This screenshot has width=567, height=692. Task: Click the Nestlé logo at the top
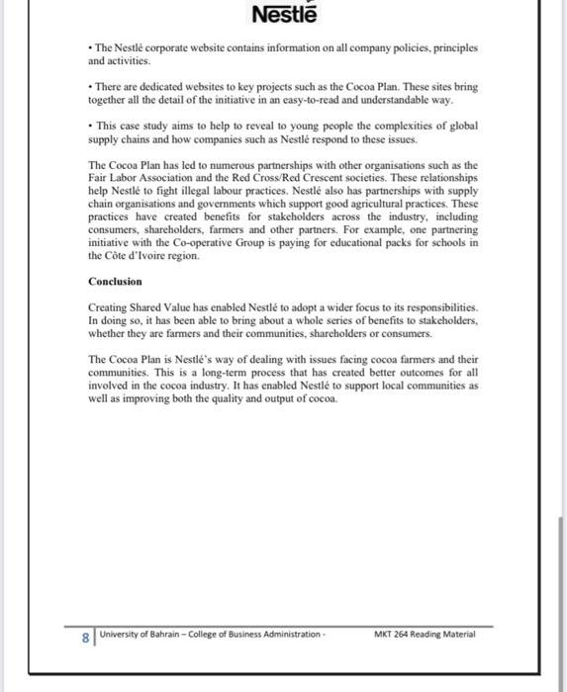pos(283,16)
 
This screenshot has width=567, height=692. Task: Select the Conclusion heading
pos(115,282)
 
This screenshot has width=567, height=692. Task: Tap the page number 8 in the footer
pos(85,638)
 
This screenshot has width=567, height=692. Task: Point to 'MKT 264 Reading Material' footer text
pos(425,634)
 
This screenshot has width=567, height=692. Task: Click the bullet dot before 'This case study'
pos(91,127)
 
